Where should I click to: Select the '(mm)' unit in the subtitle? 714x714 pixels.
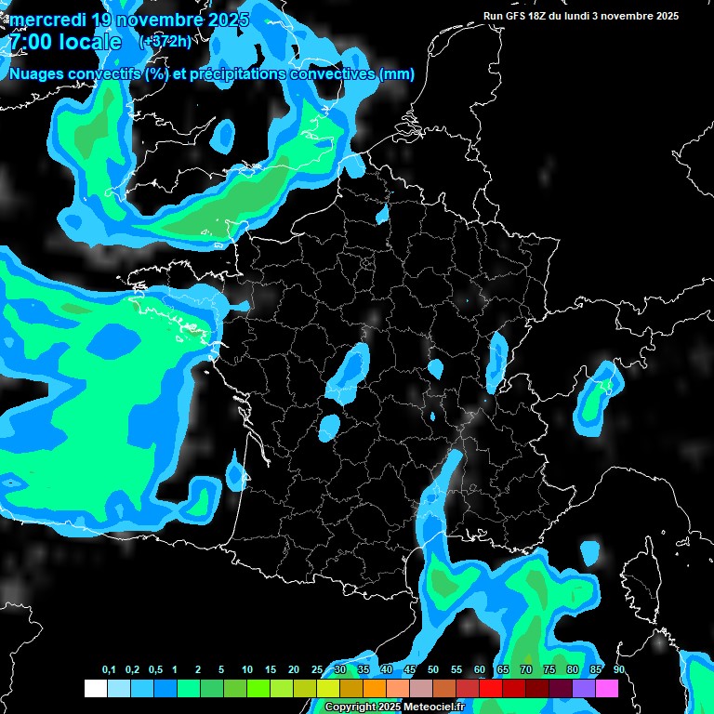[396, 74]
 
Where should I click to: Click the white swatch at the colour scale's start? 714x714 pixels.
[95, 689]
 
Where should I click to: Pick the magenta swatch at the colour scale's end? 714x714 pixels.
[606, 689]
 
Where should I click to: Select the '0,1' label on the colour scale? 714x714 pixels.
[108, 670]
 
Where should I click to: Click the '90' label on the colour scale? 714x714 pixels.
[618, 670]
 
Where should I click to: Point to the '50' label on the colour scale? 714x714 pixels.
[432, 670]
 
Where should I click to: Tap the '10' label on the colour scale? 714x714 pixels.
[246, 670]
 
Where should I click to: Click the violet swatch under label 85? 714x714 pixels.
[583, 689]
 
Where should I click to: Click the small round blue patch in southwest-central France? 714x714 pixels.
[329, 427]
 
